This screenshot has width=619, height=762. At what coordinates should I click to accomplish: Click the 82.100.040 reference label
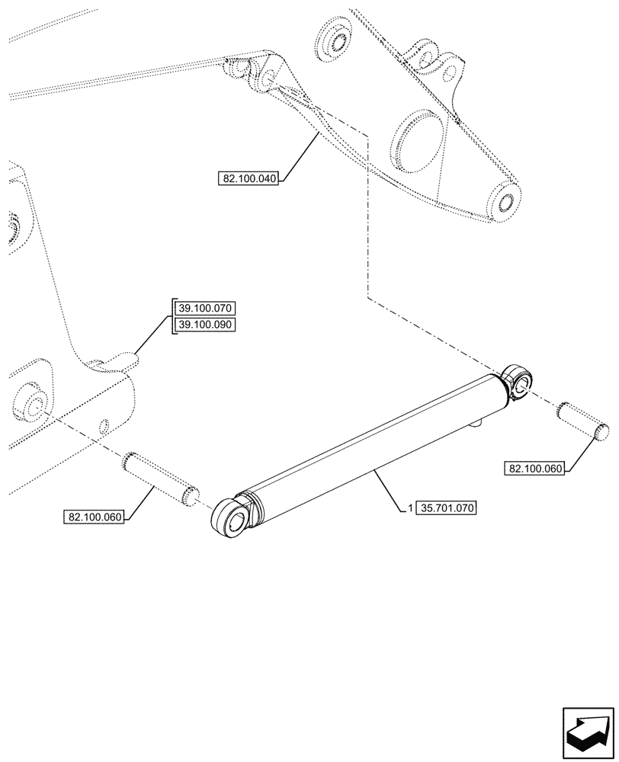[249, 179]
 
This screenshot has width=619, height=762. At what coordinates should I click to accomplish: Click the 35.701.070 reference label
[447, 506]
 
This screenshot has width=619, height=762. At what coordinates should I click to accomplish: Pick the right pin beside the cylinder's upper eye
[582, 421]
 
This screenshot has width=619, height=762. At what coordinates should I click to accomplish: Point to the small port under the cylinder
[479, 420]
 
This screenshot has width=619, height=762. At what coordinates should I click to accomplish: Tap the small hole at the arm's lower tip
[505, 202]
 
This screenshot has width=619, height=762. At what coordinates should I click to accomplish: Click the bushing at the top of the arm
[334, 38]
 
